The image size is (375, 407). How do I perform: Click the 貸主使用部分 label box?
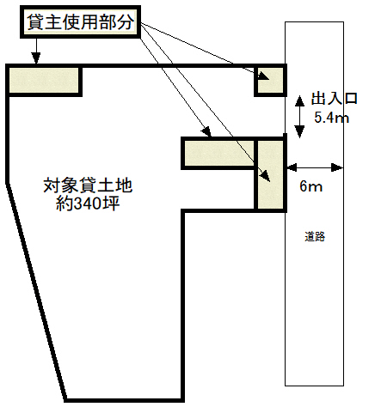coord(80,21)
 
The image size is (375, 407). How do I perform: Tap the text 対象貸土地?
coord(88,185)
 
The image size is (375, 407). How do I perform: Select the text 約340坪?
coord(88,203)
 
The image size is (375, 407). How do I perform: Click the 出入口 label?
coord(335,99)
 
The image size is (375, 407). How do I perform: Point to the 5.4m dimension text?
coord(332,118)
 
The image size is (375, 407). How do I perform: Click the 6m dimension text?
coord(310,186)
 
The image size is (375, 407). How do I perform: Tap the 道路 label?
coord(315,237)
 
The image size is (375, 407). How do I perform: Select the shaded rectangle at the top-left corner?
coord(44,81)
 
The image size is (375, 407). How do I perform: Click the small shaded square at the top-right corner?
coord(270,81)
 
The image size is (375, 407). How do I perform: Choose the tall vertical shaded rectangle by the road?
coord(271,174)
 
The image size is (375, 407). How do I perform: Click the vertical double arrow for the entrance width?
coord(300,117)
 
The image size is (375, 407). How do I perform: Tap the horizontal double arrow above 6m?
coord(315,167)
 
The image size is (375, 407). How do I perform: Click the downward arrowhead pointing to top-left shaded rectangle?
coord(36,58)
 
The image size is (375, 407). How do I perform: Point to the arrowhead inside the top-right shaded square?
coord(263,76)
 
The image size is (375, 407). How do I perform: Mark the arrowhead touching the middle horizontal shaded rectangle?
coord(206,131)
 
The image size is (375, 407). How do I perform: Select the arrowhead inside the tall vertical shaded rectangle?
coord(266,176)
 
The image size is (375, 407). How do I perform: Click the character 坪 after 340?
coord(112,203)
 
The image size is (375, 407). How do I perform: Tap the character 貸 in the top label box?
coord(35,22)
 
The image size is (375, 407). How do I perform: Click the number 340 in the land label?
coord(88,203)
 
